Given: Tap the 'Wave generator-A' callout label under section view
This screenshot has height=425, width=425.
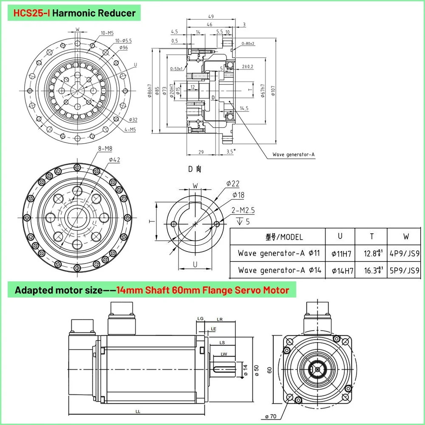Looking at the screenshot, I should (x=293, y=155).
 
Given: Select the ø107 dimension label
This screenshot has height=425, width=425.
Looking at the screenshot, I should (x=273, y=91).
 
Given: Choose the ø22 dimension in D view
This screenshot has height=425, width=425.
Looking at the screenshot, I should (x=232, y=184).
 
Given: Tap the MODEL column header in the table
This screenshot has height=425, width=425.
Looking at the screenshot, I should (x=284, y=237).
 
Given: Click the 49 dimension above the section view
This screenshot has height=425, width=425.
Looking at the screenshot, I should (x=211, y=17).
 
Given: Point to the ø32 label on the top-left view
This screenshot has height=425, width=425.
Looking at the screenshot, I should (x=133, y=120).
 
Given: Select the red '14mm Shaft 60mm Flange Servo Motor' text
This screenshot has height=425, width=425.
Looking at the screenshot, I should (x=203, y=290).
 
